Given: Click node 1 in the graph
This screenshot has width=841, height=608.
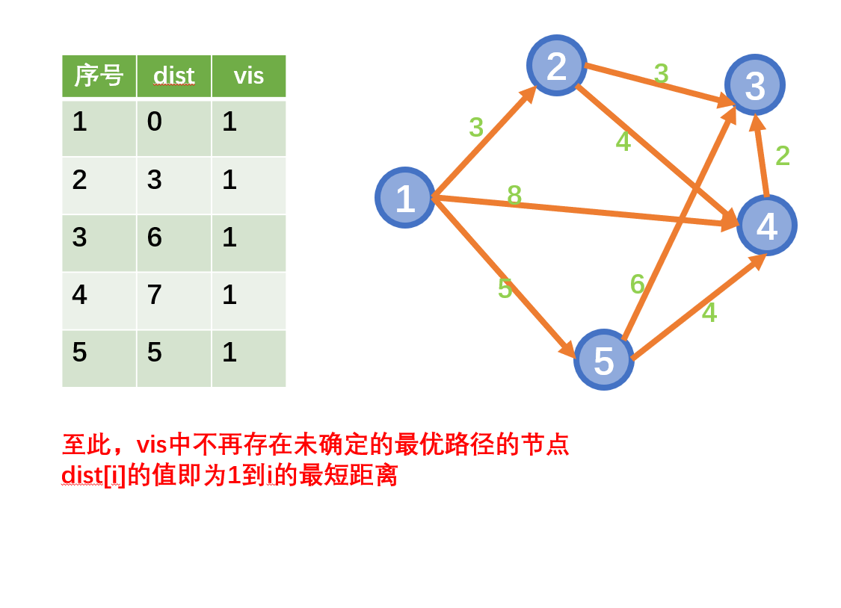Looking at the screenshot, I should pyautogui.click(x=404, y=198).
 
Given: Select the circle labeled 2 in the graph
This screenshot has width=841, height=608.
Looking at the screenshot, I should pyautogui.click(x=556, y=66).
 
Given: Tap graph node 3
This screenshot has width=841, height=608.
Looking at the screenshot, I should pyautogui.click(x=754, y=85).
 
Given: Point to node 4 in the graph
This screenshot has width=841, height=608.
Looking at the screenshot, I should pyautogui.click(x=766, y=226).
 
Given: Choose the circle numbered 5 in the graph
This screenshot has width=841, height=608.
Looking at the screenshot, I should pyautogui.click(x=603, y=360).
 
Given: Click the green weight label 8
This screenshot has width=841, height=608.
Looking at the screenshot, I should pyautogui.click(x=514, y=196).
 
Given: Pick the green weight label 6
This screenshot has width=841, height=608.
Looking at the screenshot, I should pyautogui.click(x=637, y=284).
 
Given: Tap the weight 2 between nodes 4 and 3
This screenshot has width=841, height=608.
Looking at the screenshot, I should pyautogui.click(x=782, y=155).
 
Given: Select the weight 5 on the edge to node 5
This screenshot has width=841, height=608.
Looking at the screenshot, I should pyautogui.click(x=505, y=289).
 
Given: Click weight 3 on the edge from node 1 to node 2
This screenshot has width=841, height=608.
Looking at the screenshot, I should pyautogui.click(x=476, y=128).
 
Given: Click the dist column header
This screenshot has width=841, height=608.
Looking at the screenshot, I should pyautogui.click(x=173, y=75).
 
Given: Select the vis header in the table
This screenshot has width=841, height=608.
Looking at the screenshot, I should pyautogui.click(x=248, y=75).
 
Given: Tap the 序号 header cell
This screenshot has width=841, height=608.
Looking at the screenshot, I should pyautogui.click(x=99, y=75).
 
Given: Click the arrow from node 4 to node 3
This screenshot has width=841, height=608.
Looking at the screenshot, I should pyautogui.click(x=762, y=157).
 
